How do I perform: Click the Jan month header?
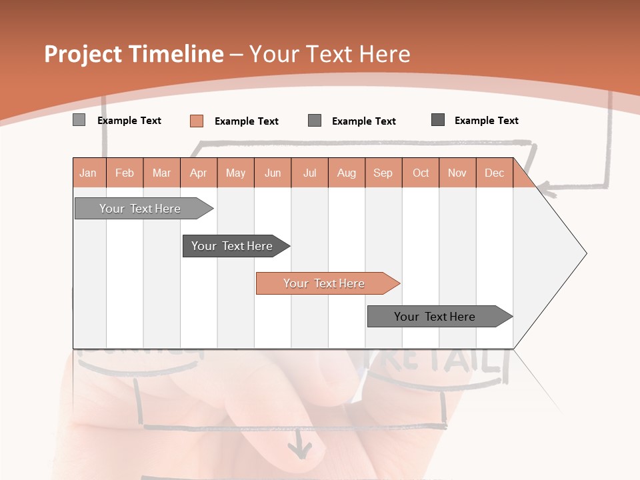pos(88,173)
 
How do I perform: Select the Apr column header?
pos(199,173)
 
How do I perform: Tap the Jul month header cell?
pos(310,173)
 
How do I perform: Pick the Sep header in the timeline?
pos(383,173)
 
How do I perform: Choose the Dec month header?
pos(494,173)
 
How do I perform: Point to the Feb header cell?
pos(125,173)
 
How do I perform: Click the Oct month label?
pos(421,173)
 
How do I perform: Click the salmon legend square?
pos(197,121)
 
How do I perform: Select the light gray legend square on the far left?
pos(79,120)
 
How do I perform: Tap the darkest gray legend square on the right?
pos(438,120)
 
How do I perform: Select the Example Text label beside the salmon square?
pos(246,121)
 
